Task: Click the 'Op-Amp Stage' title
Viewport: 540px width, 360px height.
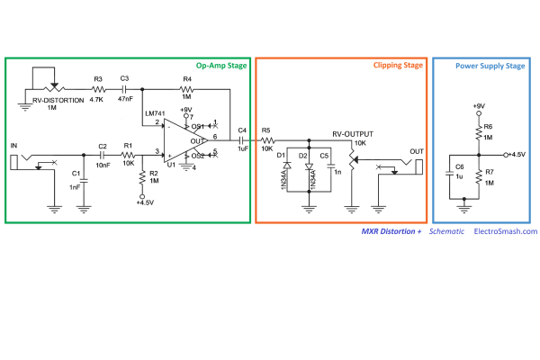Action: tap(221, 66)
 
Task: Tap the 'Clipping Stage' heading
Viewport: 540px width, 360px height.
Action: tap(398, 65)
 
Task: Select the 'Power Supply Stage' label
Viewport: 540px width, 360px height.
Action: tap(490, 66)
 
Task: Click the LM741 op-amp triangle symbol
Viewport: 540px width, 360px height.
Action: tap(185, 140)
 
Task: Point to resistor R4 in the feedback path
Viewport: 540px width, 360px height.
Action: tap(187, 90)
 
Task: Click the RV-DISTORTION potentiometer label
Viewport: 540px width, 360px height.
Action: tap(58, 100)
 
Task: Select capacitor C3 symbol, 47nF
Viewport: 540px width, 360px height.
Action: tap(125, 90)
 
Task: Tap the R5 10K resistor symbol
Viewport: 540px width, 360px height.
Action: tap(267, 140)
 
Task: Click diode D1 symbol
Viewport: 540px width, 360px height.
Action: tap(287, 165)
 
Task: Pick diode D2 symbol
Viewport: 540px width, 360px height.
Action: tap(309, 166)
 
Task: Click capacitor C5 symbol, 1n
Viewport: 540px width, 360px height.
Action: tap(331, 166)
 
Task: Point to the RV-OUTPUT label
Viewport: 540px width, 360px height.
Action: tap(353, 134)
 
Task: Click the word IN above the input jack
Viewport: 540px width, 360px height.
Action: tap(13, 146)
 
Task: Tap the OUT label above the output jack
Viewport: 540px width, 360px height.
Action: tap(417, 151)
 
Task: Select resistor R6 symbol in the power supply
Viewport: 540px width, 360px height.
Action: tap(479, 132)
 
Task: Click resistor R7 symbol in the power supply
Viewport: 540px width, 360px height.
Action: tap(479, 177)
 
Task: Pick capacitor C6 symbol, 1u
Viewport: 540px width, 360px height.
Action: tap(449, 174)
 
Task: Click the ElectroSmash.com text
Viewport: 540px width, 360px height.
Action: tap(506, 231)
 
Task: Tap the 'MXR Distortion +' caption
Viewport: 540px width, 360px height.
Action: tap(391, 231)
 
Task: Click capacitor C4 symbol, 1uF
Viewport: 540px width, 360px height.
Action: tap(241, 140)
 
